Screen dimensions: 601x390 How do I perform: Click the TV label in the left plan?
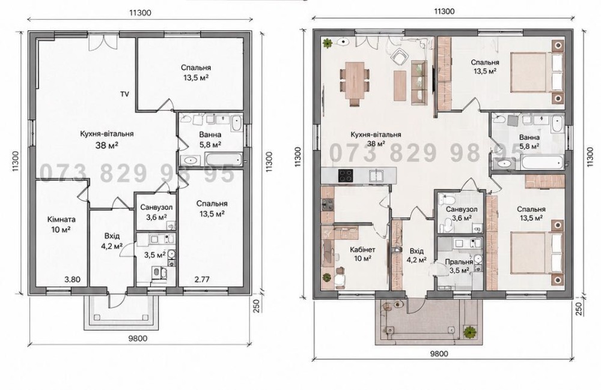tap(124, 94)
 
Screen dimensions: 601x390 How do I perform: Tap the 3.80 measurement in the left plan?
tap(73, 280)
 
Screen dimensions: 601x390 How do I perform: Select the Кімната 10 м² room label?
tap(61, 224)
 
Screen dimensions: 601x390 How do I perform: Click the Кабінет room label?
tap(362, 250)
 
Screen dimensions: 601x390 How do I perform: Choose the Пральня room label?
tap(459, 262)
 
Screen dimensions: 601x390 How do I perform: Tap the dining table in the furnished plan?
tap(355, 80)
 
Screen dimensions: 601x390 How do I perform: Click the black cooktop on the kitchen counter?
tap(347, 175)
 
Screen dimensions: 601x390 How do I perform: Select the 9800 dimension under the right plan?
tap(439, 354)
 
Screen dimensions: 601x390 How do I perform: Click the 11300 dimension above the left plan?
tap(140, 13)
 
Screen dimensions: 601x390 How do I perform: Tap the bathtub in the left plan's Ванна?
tap(224, 159)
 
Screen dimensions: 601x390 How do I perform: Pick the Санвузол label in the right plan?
tap(462, 209)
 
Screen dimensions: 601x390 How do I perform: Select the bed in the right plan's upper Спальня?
tap(537, 73)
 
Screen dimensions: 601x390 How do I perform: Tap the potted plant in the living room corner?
tap(328, 43)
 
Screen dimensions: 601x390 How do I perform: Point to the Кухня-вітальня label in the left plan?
tap(107, 134)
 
